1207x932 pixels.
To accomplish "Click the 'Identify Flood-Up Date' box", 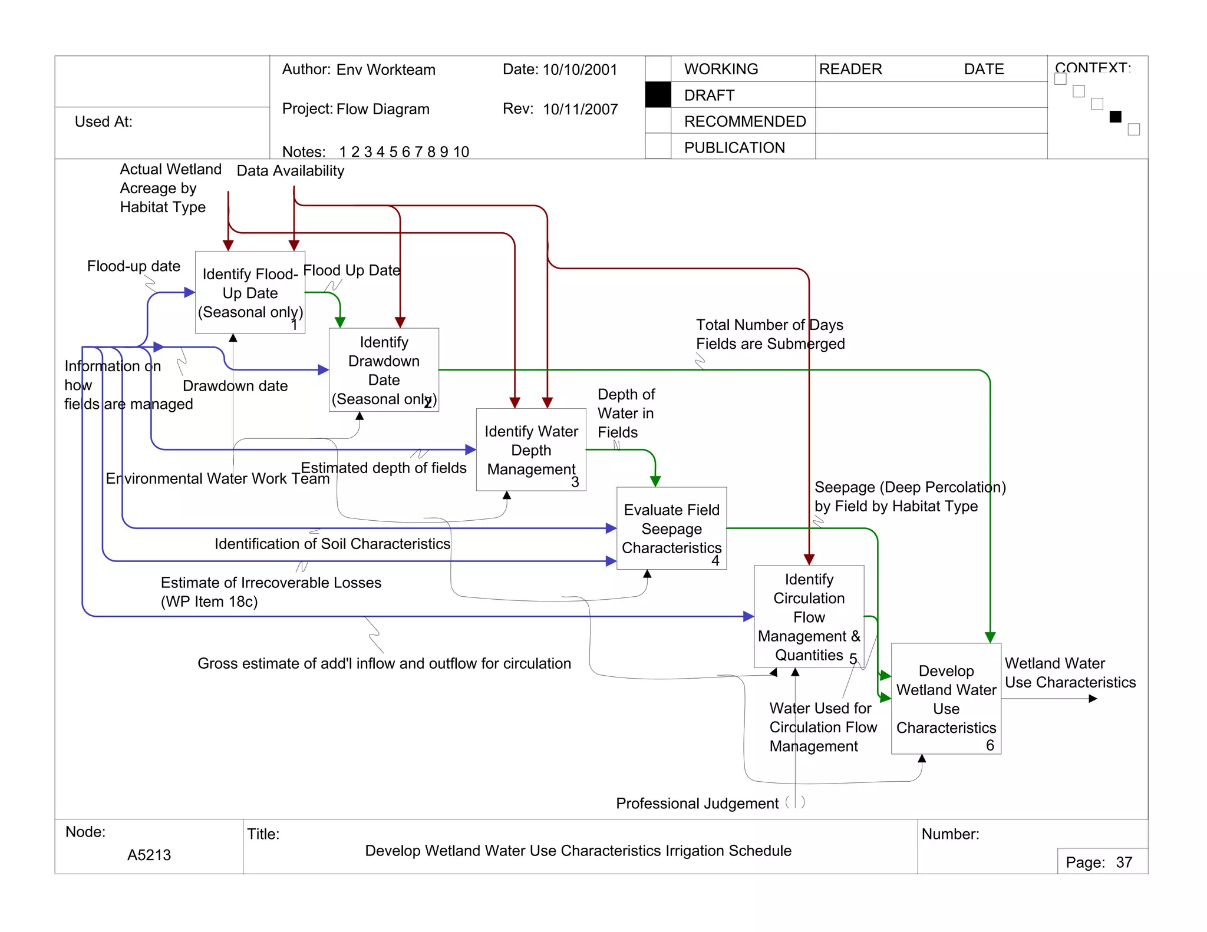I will (x=250, y=292).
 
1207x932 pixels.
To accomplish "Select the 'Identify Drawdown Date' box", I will (x=384, y=369).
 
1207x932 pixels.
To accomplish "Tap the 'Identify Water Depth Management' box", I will (x=531, y=450).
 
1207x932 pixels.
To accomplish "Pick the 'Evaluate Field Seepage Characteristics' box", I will (x=671, y=528).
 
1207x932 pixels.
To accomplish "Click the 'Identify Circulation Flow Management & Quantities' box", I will (x=809, y=616).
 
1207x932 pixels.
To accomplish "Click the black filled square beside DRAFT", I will (x=658, y=95).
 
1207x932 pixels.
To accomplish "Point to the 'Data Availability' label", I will (x=290, y=171).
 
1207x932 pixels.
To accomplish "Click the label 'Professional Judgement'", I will (x=697, y=804).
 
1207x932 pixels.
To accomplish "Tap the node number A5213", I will (x=149, y=855).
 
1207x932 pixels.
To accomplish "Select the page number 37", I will (x=1124, y=862).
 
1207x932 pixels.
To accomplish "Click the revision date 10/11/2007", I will (x=580, y=109).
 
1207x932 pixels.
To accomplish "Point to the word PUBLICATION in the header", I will (x=734, y=147).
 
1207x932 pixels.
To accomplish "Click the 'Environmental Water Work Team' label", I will (x=217, y=478).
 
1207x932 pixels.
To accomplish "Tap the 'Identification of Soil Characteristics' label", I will (x=332, y=544).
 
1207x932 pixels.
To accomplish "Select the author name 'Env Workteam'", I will (x=385, y=70).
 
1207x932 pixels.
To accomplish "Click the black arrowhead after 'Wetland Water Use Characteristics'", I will (x=1093, y=699).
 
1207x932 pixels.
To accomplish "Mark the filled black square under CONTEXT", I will (x=1115, y=117).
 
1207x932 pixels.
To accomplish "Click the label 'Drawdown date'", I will (x=235, y=386).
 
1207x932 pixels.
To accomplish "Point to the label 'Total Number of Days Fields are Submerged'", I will (x=770, y=334).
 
